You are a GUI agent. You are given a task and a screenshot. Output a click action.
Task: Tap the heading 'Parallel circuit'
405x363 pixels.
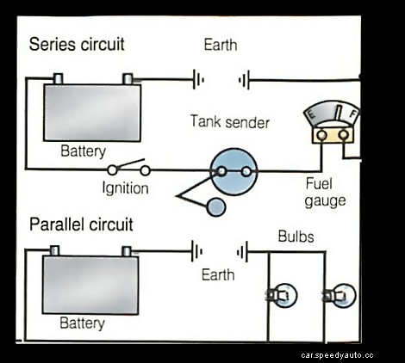(81, 225)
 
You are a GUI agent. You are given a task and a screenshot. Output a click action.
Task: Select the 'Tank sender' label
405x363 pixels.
(229, 122)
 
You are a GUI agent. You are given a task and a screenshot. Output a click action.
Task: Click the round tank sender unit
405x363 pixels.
(234, 170)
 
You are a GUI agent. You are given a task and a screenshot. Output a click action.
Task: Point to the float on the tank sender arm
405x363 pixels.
(216, 206)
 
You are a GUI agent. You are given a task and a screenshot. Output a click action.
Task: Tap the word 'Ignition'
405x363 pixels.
(126, 188)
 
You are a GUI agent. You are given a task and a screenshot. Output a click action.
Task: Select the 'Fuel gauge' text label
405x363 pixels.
(326, 192)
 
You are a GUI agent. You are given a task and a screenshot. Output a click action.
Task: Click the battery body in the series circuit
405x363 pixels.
(92, 113)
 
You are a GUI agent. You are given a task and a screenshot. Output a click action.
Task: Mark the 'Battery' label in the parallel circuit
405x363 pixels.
(82, 324)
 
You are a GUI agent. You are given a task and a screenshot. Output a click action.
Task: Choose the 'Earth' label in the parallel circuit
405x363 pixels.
(217, 275)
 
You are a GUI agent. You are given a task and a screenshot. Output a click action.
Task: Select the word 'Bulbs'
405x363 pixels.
(296, 236)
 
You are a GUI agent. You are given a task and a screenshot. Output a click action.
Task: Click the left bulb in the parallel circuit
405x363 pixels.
(283, 295)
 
